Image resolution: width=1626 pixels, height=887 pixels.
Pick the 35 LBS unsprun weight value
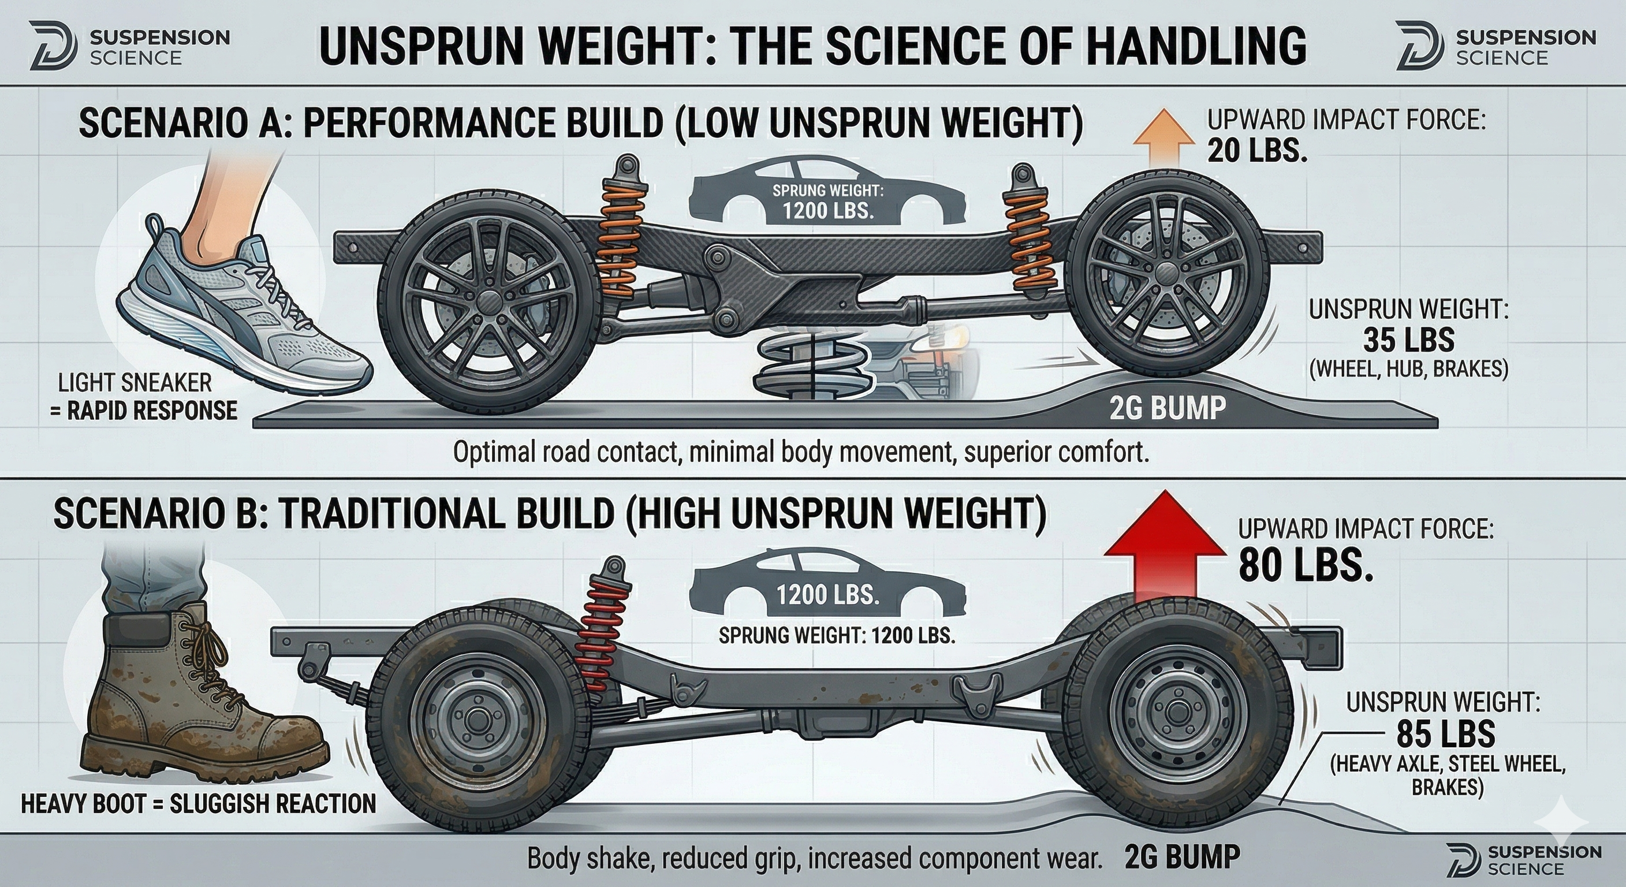1408,341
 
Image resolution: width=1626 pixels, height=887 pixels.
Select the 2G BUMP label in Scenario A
1166,408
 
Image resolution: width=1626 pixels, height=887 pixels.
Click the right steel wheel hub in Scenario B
1173,711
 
